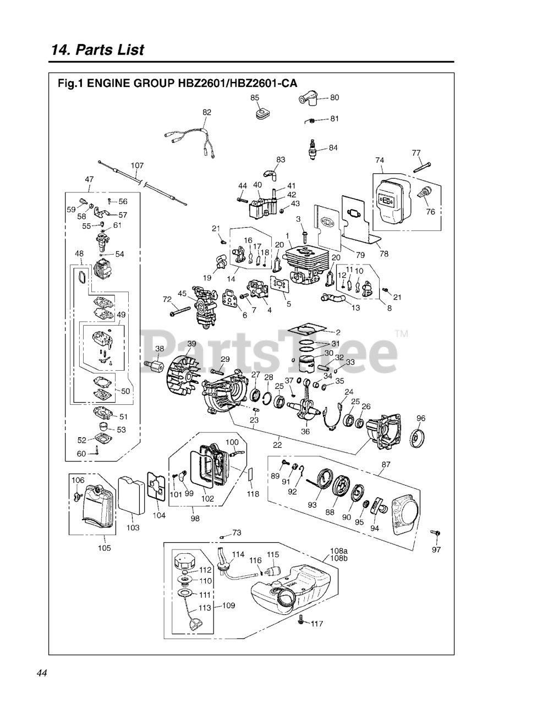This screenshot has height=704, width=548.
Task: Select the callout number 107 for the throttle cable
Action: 137,165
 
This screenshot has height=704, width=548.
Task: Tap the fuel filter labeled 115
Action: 272,571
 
